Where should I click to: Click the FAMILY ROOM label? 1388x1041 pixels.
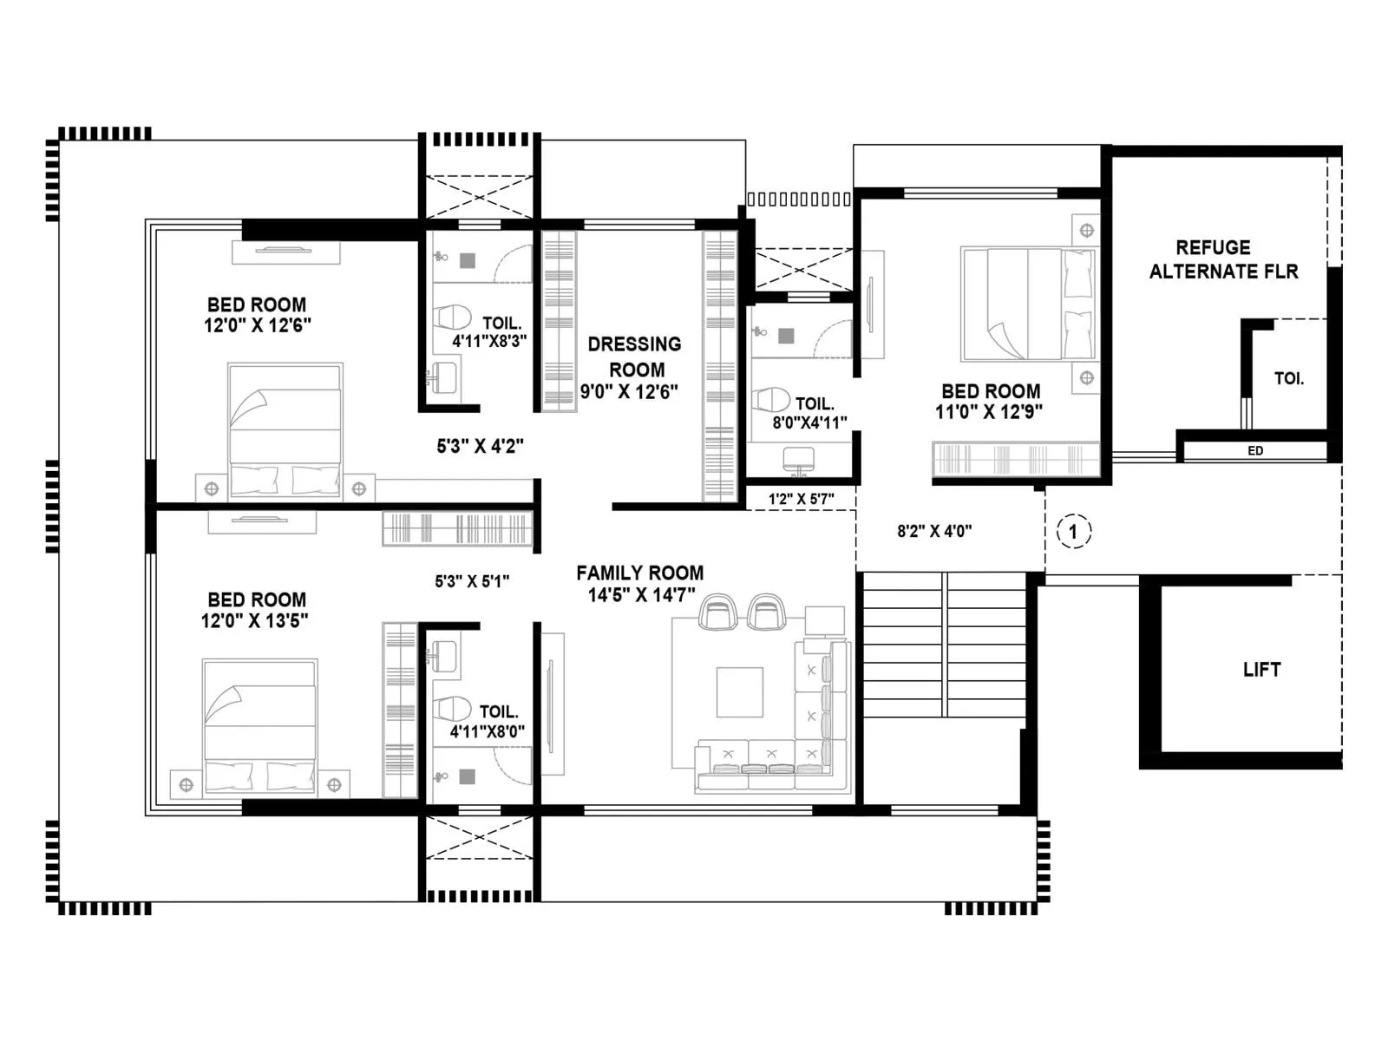coord(639,573)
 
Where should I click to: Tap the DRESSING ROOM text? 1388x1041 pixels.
coord(634,357)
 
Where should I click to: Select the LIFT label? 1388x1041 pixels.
coord(1261,670)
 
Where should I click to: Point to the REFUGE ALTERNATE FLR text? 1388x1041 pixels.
coord(1222,259)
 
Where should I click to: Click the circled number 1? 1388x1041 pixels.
coord(1073,531)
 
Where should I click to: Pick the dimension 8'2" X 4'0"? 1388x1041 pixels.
coord(934,531)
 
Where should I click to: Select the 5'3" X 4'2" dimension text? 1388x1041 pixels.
coord(480,447)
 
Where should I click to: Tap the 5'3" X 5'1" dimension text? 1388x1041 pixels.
coord(472,582)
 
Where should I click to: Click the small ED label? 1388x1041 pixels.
coord(1254,451)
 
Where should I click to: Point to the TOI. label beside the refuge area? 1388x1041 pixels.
coord(1288,378)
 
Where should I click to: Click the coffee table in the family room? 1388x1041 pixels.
coord(739,691)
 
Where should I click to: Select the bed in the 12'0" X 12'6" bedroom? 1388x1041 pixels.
coord(285,431)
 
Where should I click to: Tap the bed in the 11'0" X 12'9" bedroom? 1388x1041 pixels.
coord(1028,304)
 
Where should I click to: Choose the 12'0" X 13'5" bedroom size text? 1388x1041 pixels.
coord(255,621)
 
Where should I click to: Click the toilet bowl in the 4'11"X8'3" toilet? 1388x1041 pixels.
coord(450,316)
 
